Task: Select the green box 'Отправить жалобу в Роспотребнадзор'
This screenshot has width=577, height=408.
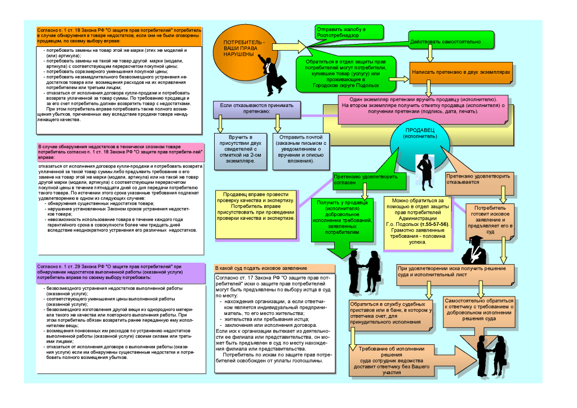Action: pos(349,32)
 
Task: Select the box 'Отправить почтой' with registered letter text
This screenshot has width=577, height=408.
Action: pos(299,149)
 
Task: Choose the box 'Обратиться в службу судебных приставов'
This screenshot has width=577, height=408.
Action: pos(389,313)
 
